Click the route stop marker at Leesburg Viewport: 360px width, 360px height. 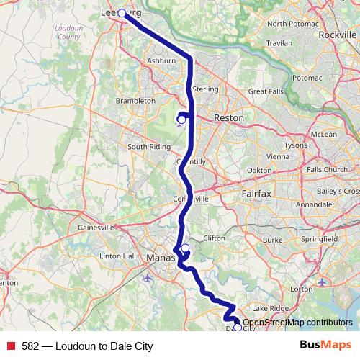[122, 13]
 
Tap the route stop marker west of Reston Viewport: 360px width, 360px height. [181, 119]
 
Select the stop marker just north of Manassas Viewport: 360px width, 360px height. [185, 248]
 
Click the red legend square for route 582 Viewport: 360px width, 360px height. [11, 346]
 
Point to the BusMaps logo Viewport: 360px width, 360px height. [325, 346]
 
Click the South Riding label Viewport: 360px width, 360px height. [149, 147]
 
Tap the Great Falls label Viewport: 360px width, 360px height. [266, 91]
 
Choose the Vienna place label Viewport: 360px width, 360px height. [278, 156]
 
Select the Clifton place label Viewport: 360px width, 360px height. [215, 237]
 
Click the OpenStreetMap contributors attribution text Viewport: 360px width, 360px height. [298, 323]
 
